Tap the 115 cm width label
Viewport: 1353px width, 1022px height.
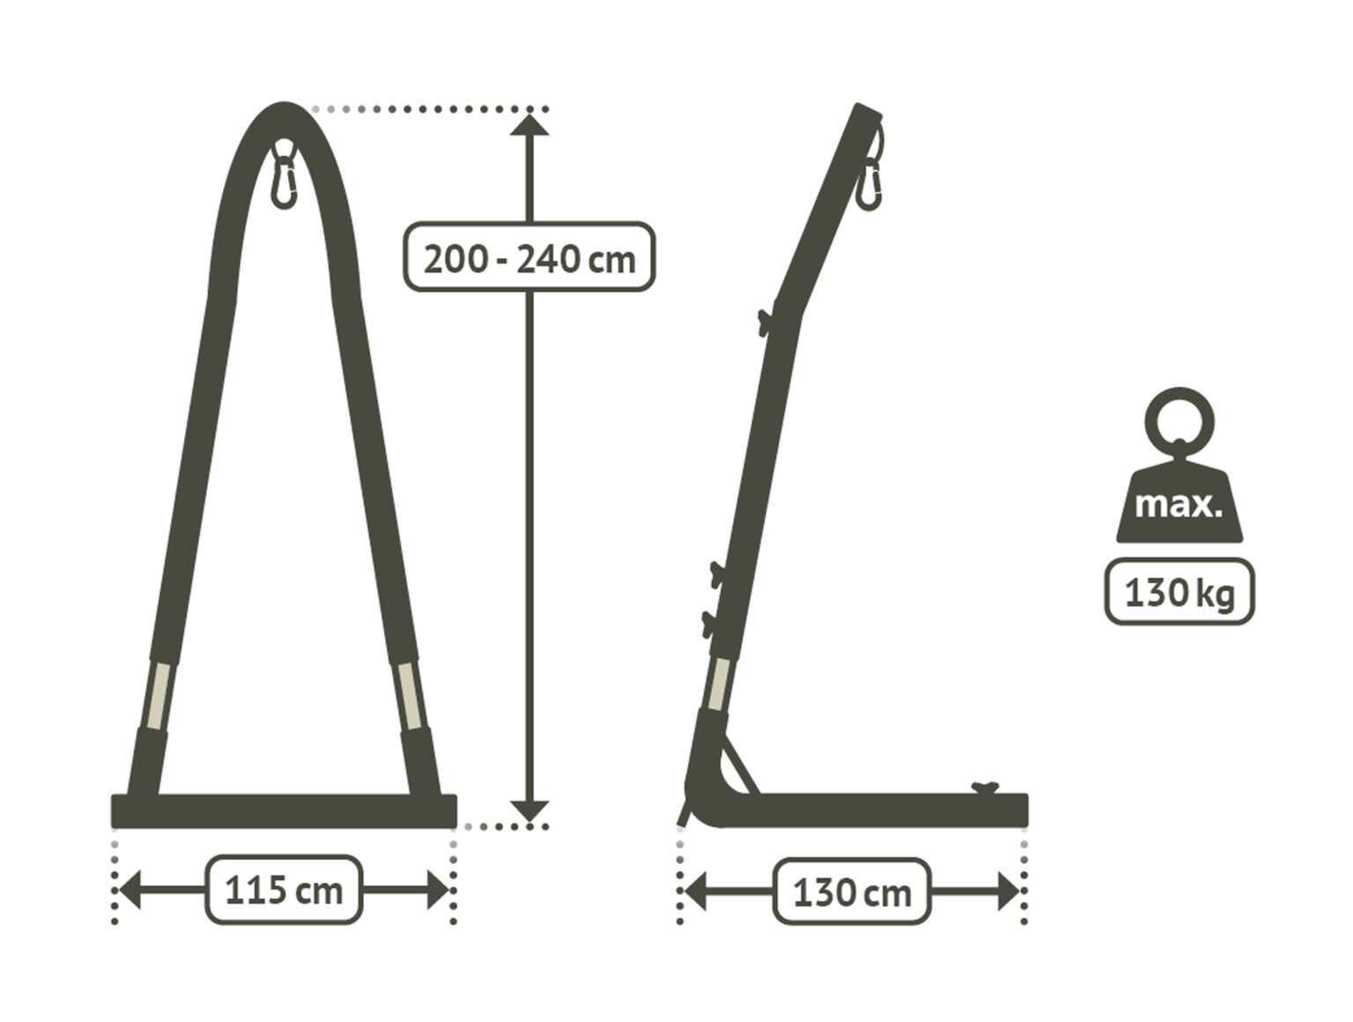(x=284, y=891)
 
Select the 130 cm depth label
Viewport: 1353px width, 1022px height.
(x=852, y=892)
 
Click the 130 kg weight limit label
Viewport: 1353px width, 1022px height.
(x=1179, y=593)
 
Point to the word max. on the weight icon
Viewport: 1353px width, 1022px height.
(x=1178, y=507)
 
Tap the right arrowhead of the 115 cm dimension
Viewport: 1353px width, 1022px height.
(x=438, y=891)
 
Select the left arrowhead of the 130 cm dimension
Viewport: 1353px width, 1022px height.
(x=696, y=892)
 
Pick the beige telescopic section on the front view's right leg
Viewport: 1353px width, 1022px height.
(x=410, y=696)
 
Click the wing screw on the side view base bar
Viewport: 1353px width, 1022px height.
(x=985, y=787)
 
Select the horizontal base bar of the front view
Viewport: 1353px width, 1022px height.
(x=284, y=811)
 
